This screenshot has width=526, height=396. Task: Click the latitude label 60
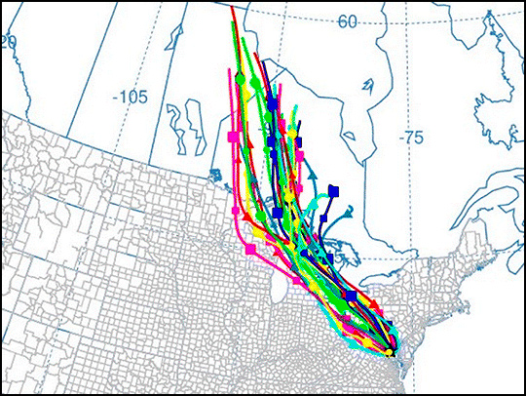click(x=348, y=20)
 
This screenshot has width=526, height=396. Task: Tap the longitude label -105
click(x=129, y=97)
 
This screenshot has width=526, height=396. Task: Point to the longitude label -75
click(x=412, y=139)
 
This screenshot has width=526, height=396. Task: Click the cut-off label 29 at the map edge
click(x=9, y=42)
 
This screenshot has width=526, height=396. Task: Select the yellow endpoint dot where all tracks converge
click(x=390, y=352)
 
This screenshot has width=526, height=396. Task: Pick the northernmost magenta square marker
click(x=233, y=137)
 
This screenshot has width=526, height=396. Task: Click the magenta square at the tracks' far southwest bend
click(x=250, y=251)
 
